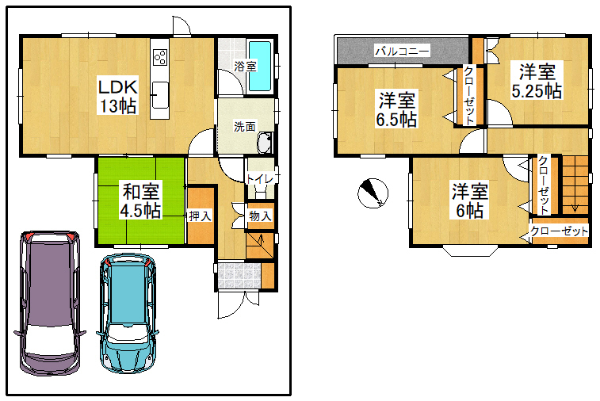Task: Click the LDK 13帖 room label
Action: point(117,97)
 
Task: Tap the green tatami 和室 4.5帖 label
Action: point(140,200)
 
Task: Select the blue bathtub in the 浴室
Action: point(260,66)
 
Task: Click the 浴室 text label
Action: point(245,67)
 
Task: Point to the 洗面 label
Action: point(244,126)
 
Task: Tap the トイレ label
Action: point(260,178)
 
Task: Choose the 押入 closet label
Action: point(200,216)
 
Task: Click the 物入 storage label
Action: point(260,216)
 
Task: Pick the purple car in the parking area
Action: point(50,303)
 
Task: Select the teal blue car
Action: point(128,312)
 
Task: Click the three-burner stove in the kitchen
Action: point(160,57)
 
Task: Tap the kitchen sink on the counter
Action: point(160,95)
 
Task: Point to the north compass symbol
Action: point(373,193)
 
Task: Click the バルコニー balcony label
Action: point(402,51)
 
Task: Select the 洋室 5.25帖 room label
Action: point(537,81)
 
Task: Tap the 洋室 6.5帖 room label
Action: point(397,109)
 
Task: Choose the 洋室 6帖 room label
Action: point(470,200)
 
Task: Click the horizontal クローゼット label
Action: point(559,231)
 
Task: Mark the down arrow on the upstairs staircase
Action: point(575,208)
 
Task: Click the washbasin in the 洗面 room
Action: point(265,142)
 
